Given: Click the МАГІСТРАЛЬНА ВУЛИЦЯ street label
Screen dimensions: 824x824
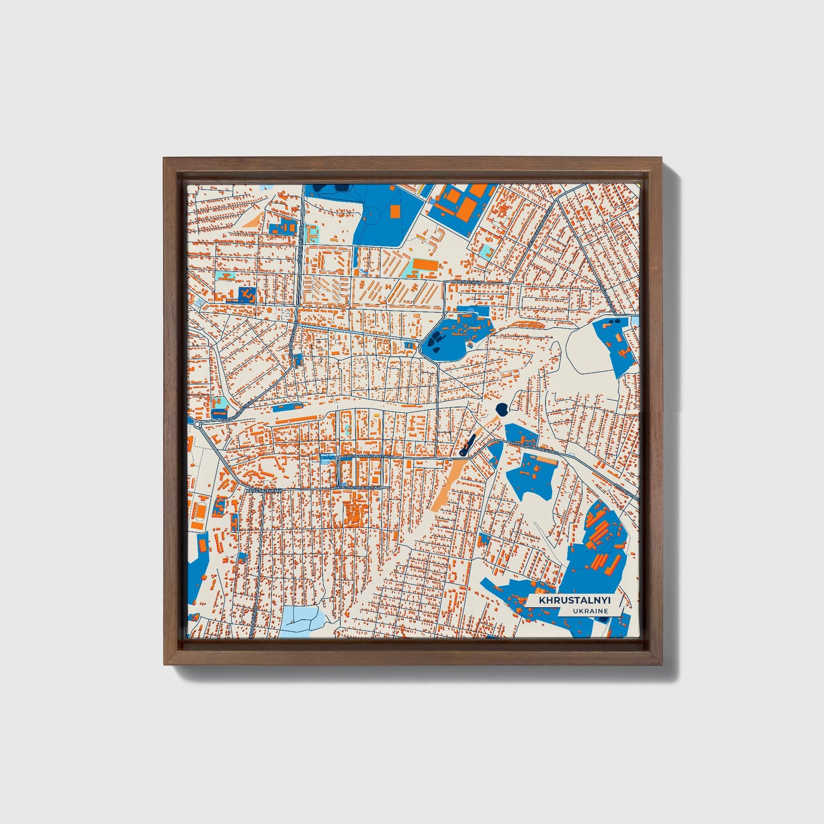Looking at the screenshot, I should (x=357, y=488).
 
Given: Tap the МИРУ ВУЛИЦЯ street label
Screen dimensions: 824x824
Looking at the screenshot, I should (x=466, y=282).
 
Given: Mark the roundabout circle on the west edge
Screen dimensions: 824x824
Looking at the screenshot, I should (x=197, y=424).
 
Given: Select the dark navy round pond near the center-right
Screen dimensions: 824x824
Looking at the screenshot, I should (x=502, y=408).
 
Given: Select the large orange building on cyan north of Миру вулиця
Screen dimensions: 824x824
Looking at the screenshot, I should (x=425, y=265).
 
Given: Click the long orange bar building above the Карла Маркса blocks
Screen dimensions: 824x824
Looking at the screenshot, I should (x=297, y=420).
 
